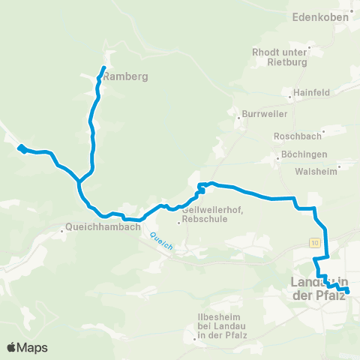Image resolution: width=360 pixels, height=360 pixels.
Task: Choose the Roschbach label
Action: click(x=298, y=136)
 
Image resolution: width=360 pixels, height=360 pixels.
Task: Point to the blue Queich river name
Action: click(x=161, y=241)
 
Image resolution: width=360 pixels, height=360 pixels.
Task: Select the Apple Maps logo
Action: click(x=27, y=346)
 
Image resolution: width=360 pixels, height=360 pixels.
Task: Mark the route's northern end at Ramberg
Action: click(x=103, y=70)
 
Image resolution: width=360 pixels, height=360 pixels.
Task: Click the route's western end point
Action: click(x=20, y=148)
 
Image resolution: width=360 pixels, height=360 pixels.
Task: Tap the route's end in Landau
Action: click(x=348, y=291)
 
